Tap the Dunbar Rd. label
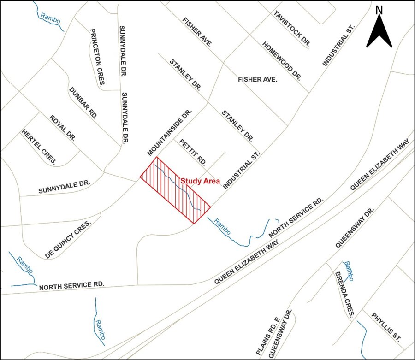(x=82, y=103)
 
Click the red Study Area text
(x=200, y=181)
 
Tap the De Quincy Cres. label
(x=68, y=238)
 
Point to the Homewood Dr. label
(x=281, y=60)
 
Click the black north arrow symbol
(x=379, y=31)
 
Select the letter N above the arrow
(x=379, y=10)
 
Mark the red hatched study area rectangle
(x=175, y=190)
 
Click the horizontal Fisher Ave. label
(x=257, y=80)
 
